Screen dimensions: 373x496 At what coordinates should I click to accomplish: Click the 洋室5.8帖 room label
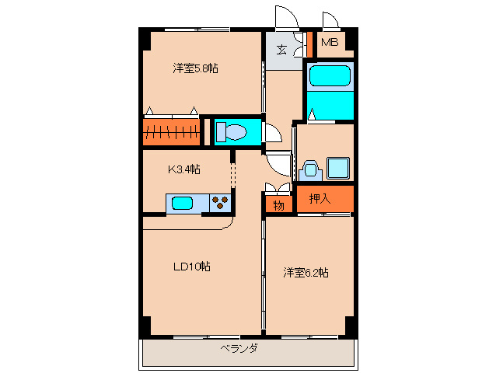click(x=195, y=68)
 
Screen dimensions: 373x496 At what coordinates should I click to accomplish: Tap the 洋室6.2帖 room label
click(x=306, y=272)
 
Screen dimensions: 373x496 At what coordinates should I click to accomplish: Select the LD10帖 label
click(x=191, y=267)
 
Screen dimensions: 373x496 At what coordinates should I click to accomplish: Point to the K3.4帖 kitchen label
click(x=184, y=169)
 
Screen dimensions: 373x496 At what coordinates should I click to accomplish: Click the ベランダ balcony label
click(x=238, y=349)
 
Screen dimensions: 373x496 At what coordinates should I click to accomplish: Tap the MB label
click(x=330, y=43)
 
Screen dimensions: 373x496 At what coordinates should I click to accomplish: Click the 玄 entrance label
click(x=281, y=51)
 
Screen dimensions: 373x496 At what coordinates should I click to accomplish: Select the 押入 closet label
click(x=320, y=198)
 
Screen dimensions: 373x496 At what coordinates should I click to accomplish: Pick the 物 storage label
click(x=278, y=204)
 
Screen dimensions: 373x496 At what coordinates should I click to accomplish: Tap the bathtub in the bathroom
click(x=330, y=77)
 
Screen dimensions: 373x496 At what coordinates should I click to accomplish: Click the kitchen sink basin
click(x=182, y=204)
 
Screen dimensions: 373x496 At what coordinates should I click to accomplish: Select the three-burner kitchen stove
click(x=221, y=204)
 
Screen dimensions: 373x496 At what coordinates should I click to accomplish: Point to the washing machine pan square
click(x=338, y=168)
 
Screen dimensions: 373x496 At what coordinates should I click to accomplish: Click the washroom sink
click(x=310, y=169)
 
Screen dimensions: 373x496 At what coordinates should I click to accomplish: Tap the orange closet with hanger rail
click(x=172, y=131)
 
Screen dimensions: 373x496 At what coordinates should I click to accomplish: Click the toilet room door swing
click(x=272, y=134)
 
